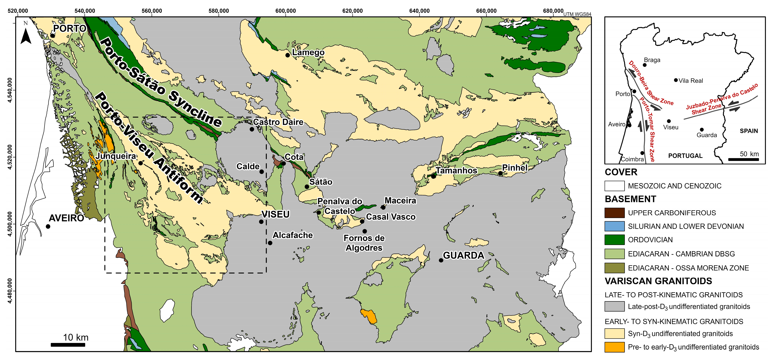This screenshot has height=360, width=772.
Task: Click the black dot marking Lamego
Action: [x=287, y=55]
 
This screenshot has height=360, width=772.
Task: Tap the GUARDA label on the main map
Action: [x=463, y=255]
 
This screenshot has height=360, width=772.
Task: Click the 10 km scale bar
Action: [x=68, y=345]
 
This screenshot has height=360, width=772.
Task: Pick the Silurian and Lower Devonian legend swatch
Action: [x=614, y=226]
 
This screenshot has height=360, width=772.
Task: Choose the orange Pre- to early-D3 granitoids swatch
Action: [x=614, y=347]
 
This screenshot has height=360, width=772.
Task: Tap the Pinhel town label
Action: [x=515, y=168]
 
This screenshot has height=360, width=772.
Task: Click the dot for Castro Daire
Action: [x=252, y=129]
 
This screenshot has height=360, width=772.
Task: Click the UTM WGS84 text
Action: [x=577, y=14]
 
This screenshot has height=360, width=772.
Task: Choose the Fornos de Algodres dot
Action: [x=364, y=231]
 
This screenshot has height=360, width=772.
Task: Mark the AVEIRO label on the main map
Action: [x=66, y=218]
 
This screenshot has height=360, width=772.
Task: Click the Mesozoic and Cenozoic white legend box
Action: [x=614, y=186]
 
